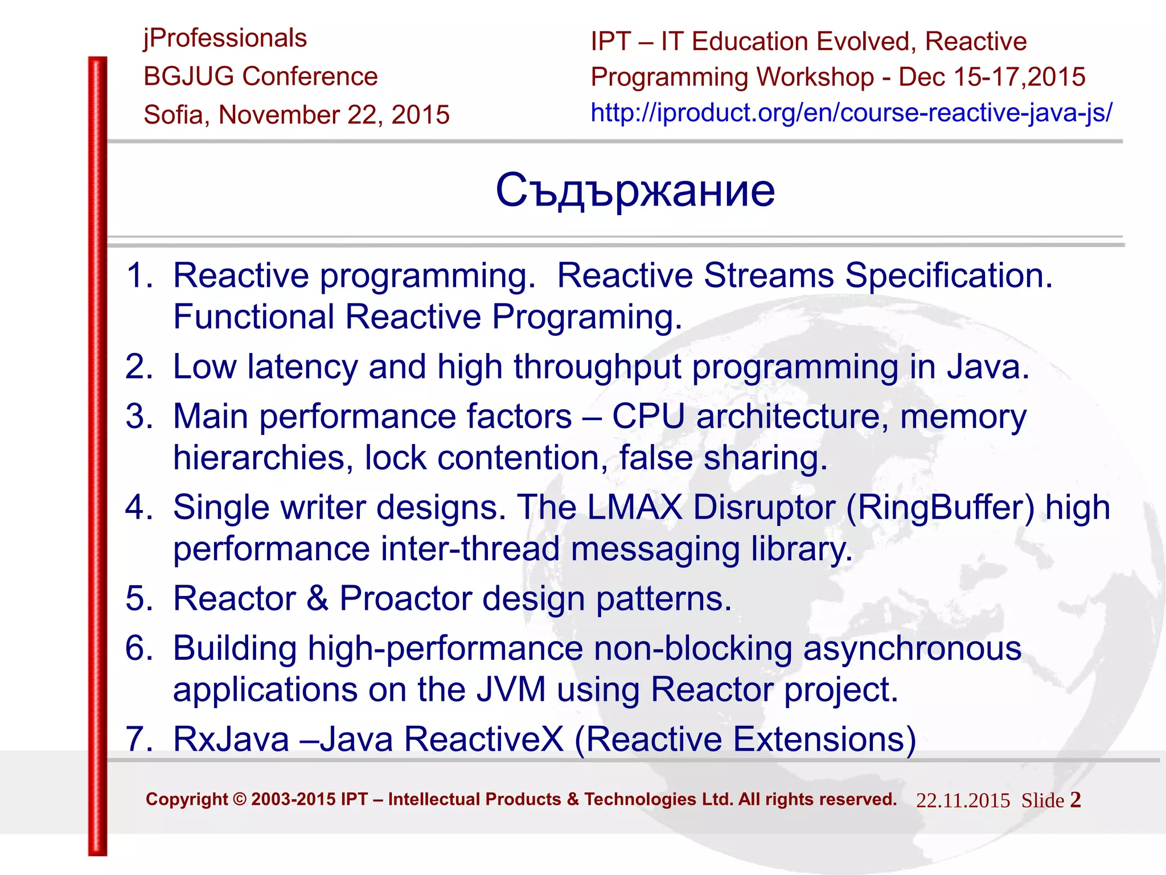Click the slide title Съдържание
pos(635,191)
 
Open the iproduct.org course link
pos(851,113)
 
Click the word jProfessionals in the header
pos(225,39)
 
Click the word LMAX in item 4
pos(634,507)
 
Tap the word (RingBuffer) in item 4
pos(940,507)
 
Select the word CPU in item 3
pos(648,416)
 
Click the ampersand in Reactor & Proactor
pos(318,598)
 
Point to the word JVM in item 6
pos(511,689)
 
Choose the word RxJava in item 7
pos(231,740)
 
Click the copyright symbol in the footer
pos(240,799)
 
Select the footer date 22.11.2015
pos(963,800)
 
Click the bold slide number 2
pos(1075,799)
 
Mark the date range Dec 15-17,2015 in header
pos(992,77)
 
